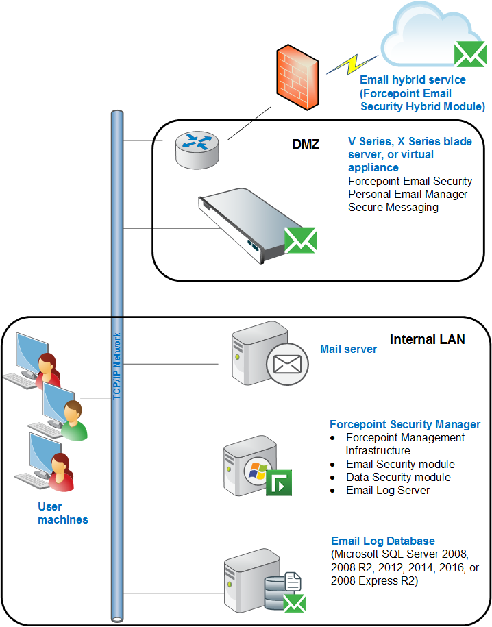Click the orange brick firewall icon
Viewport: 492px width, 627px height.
(x=298, y=77)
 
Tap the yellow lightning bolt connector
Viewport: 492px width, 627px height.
(x=352, y=65)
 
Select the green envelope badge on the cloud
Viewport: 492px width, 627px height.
(x=470, y=55)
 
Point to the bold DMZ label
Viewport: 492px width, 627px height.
(x=306, y=144)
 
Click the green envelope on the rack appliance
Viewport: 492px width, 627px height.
(x=300, y=240)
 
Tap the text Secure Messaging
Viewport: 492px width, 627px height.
(x=393, y=207)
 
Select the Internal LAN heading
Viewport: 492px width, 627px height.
(x=427, y=339)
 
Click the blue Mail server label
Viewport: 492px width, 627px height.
(x=348, y=349)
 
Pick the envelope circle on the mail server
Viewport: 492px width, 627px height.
(x=287, y=364)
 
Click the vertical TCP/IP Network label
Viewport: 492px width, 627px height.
(x=116, y=366)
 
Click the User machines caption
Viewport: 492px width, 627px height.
(x=63, y=513)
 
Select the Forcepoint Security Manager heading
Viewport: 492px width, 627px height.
(x=405, y=424)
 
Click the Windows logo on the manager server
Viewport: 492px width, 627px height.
(x=258, y=471)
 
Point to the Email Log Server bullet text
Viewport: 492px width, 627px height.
(x=388, y=490)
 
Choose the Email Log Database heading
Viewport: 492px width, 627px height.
(x=383, y=541)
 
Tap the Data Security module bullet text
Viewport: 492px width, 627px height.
(x=398, y=477)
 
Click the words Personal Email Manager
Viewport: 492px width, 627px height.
(x=408, y=194)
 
